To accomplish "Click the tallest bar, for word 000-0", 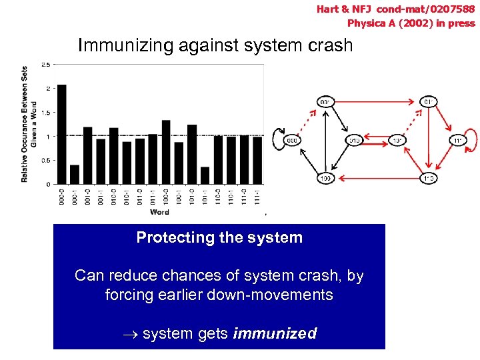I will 62,134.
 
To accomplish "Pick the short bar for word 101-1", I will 205,175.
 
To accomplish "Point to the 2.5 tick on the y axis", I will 46,64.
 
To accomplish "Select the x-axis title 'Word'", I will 159,212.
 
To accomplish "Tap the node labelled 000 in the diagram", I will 291,140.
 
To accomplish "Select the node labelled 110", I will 428,179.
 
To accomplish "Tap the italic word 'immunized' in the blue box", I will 275,333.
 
